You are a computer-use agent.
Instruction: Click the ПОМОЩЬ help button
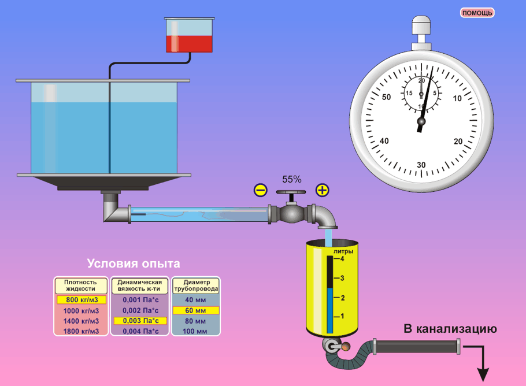coord(477,13)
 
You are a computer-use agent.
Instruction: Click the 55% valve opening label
coord(291,180)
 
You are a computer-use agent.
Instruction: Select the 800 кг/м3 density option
coord(82,300)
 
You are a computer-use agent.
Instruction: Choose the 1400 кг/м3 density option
coord(82,321)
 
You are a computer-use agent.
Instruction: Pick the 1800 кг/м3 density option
coord(82,331)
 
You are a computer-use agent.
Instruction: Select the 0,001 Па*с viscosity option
coord(139,300)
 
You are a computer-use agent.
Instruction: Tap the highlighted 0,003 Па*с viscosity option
coord(139,321)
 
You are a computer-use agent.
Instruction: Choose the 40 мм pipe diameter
coord(195,300)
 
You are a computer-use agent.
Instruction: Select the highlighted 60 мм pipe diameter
coord(195,310)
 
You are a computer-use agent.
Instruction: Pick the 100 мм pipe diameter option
coord(195,331)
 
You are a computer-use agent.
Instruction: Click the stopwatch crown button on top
coord(421,27)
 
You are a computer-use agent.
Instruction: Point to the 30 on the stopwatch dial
coord(421,165)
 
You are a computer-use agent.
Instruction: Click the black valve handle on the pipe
coord(290,193)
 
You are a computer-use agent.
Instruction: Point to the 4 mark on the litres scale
coord(343,259)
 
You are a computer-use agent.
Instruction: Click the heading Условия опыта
coord(134,263)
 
